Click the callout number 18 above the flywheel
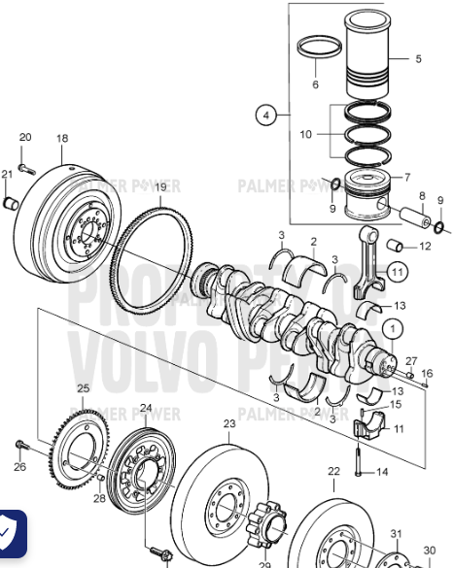[62, 139]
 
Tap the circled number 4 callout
[265, 115]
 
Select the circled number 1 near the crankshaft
[390, 329]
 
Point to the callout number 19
[160, 186]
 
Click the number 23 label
[229, 424]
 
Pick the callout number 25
[83, 388]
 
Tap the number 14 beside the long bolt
[382, 472]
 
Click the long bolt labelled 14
[360, 457]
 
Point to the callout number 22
[332, 471]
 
